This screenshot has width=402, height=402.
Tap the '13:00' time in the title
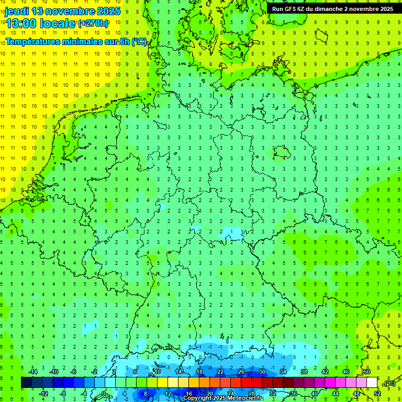(21, 24)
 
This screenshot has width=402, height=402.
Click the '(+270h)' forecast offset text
(93, 24)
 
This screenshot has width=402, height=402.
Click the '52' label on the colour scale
(377, 393)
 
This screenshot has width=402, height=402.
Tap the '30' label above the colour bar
(262, 372)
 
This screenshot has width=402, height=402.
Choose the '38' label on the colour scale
(304, 372)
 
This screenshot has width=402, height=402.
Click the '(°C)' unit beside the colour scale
(389, 383)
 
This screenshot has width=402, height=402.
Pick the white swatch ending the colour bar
(372, 383)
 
